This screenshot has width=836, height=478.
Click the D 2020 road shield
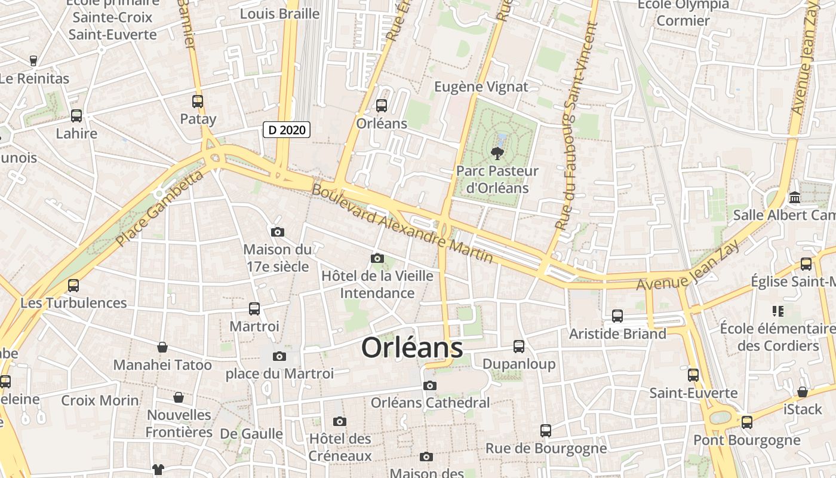[287, 129]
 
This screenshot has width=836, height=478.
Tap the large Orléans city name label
[412, 348]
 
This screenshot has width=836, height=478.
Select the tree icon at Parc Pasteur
[496, 154]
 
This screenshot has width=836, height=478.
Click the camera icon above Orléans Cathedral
[430, 386]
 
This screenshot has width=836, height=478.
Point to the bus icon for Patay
[198, 102]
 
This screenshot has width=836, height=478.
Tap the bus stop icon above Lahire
[76, 116]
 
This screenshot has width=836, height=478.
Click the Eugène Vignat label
[481, 87]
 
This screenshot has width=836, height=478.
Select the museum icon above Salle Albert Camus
[795, 197]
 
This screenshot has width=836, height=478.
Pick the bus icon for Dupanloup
[519, 347]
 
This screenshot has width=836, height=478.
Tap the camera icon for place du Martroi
[279, 357]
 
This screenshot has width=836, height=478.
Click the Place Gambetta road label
[159, 208]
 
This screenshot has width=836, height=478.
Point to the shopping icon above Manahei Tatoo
[162, 347]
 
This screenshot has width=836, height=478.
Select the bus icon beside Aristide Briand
[617, 316]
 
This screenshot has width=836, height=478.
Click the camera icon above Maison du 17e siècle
[277, 232]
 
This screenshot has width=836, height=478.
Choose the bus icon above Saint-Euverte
[693, 375]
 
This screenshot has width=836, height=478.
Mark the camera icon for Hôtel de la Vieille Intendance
[377, 259]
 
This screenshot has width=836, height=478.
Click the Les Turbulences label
[73, 303]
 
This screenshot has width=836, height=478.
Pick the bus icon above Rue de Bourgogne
[545, 431]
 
